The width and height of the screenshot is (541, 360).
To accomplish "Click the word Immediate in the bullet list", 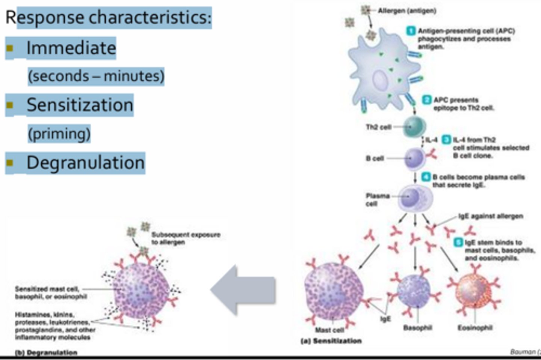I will pyautogui.click(x=71, y=48).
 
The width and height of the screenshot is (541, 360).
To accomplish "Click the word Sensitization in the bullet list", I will pyautogui.click(x=80, y=105).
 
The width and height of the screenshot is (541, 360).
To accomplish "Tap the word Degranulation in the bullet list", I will pyautogui.click(x=85, y=163).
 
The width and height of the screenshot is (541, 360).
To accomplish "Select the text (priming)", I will pyautogui.click(x=59, y=134).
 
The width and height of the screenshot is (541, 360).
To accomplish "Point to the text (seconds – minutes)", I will pyautogui.click(x=96, y=76).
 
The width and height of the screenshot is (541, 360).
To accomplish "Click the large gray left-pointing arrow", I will pyautogui.click(x=243, y=290).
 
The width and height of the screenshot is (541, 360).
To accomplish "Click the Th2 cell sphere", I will pyautogui.click(x=414, y=127).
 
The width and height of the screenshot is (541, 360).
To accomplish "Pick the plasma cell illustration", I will pyautogui.click(x=415, y=197).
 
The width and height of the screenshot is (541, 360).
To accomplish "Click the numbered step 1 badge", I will pyautogui.click(x=411, y=31).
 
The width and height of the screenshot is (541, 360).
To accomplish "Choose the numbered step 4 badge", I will pyautogui.click(x=426, y=177).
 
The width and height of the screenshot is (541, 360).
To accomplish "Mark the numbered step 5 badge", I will pyautogui.click(x=458, y=242).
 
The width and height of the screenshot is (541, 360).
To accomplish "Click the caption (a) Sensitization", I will pyautogui.click(x=331, y=341).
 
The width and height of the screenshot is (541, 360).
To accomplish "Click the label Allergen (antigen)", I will pyautogui.click(x=407, y=11).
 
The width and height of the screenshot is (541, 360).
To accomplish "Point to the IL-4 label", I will pyautogui.click(x=431, y=140).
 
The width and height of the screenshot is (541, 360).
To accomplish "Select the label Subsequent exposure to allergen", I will pyautogui.click(x=186, y=238).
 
